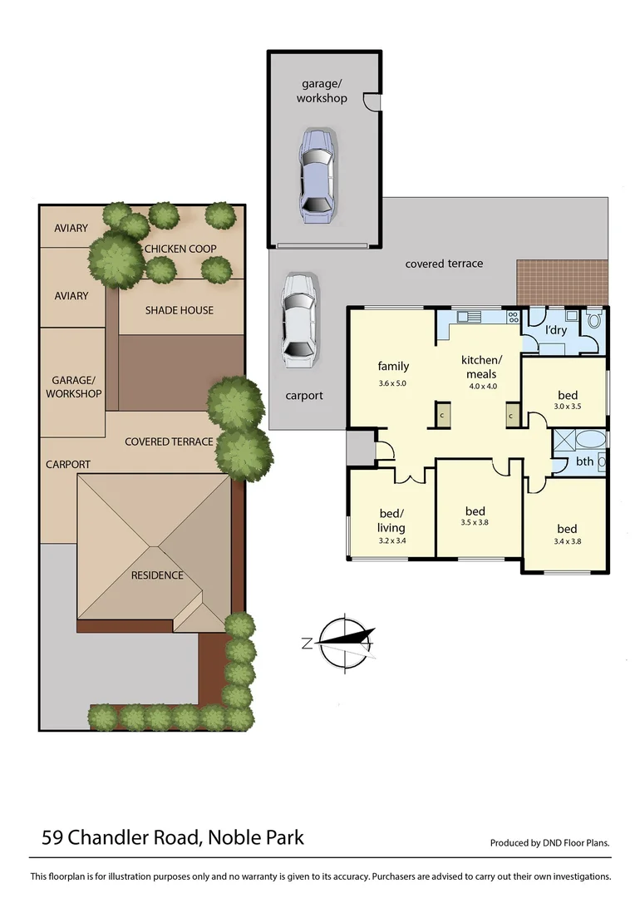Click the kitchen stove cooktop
pyautogui.click(x=513, y=317)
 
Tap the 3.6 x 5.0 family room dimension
pyautogui.click(x=392, y=383)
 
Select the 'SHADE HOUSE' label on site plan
pyautogui.click(x=179, y=310)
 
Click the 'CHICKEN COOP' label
pyautogui.click(x=180, y=249)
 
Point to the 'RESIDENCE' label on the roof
pyautogui.click(x=157, y=575)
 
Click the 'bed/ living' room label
pyautogui.click(x=391, y=521)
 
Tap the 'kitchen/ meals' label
pyautogui.click(x=481, y=366)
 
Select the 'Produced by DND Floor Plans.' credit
pyautogui.click(x=549, y=842)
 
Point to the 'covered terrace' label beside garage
pyautogui.click(x=444, y=264)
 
